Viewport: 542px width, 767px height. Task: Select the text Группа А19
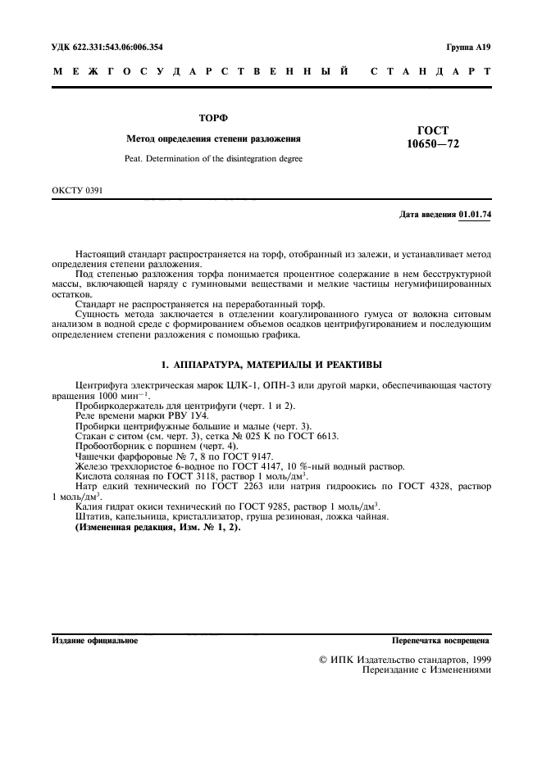pos(467,48)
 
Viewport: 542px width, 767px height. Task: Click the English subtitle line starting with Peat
pos(213,158)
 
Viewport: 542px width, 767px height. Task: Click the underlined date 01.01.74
pos(475,215)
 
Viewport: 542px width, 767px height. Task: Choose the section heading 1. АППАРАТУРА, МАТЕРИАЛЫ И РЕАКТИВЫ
pos(271,364)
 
